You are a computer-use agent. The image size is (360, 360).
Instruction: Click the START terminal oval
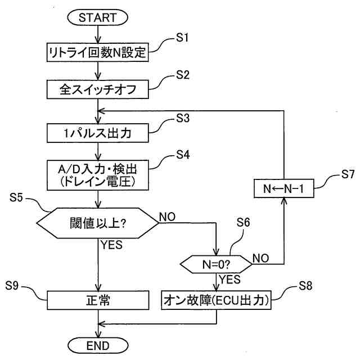coord(99,17)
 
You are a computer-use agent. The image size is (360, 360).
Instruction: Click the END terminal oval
coord(98,345)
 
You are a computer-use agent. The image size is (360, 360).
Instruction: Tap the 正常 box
coord(98,300)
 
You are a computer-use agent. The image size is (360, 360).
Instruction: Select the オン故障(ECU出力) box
coord(217,300)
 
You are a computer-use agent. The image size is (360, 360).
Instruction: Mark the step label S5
coord(17,199)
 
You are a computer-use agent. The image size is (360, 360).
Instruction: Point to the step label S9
coord(17,286)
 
